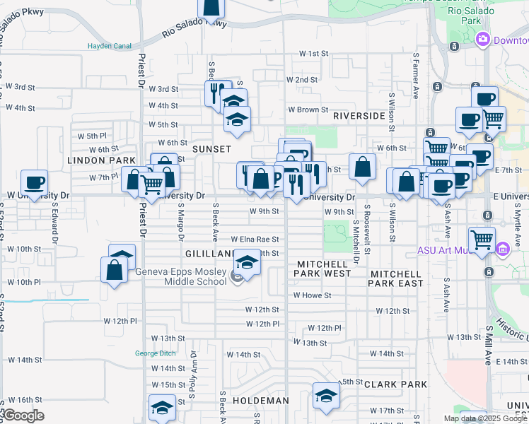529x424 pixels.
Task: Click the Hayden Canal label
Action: coord(110,46)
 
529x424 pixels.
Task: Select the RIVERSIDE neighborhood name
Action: coord(359,115)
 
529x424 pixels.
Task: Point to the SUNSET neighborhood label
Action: coord(211,149)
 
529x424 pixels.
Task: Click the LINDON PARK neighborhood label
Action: coord(101,160)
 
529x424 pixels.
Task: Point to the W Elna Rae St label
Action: coord(244,240)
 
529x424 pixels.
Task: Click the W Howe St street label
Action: coord(312,295)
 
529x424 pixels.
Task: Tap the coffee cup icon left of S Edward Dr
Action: coord(34,182)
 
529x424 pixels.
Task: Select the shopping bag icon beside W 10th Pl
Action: coord(115,270)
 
